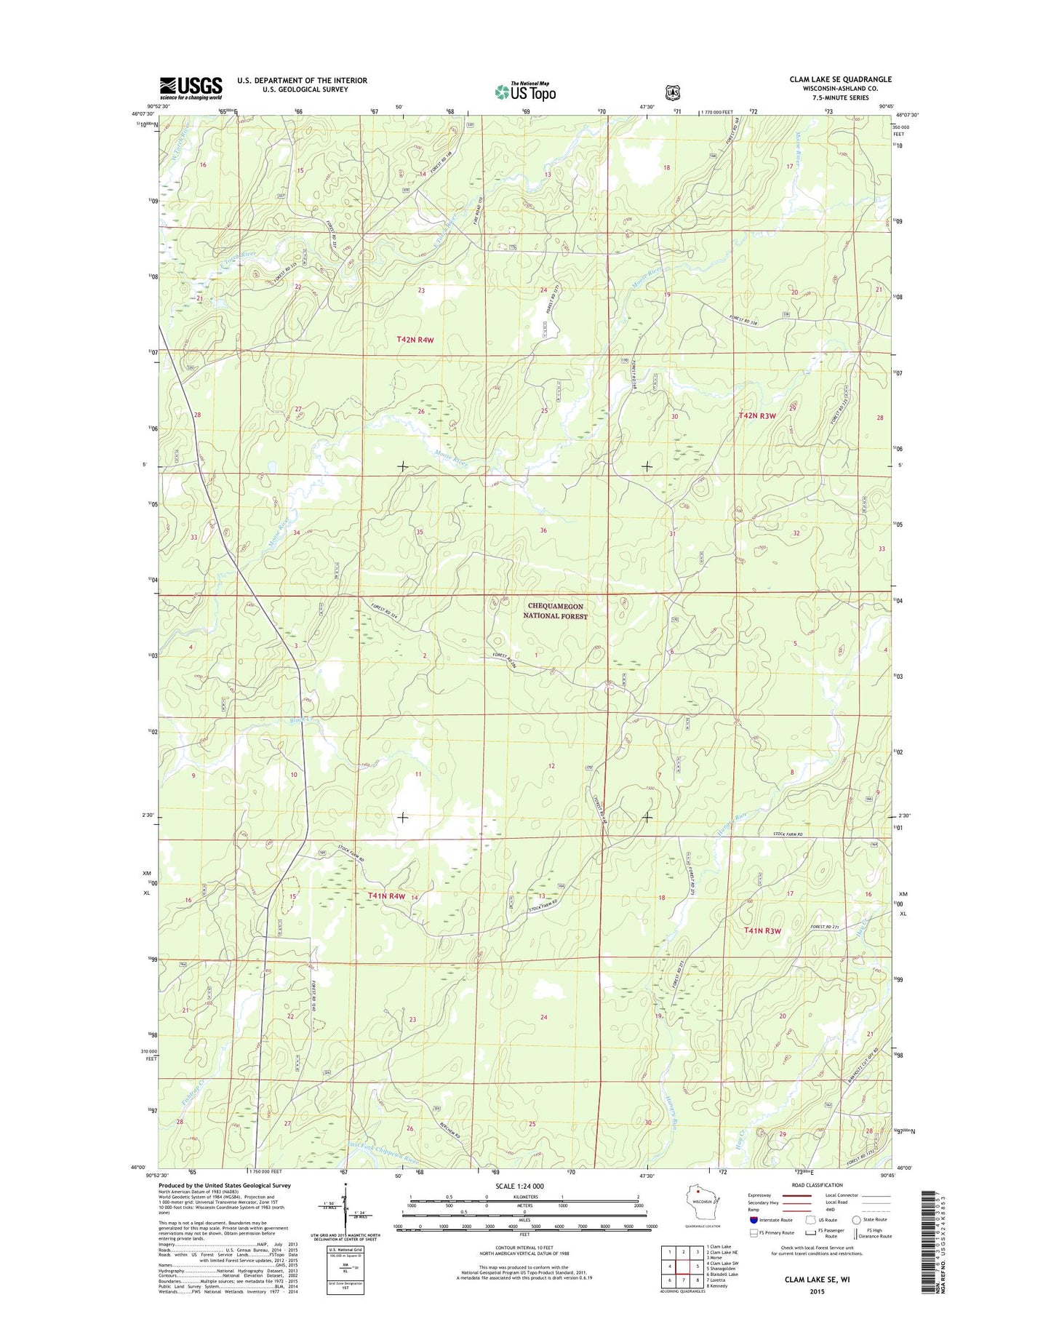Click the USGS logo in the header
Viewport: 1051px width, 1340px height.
point(191,88)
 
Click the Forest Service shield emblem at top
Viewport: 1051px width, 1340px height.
point(673,92)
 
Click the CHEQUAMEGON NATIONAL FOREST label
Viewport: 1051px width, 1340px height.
point(556,611)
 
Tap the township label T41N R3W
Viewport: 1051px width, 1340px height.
point(762,931)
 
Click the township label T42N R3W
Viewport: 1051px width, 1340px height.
point(757,415)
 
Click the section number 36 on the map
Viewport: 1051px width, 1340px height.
point(543,530)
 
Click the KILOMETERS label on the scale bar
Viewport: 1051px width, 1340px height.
point(524,1197)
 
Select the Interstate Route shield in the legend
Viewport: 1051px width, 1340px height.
point(754,1220)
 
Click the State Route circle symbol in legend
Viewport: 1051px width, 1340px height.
point(857,1220)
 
